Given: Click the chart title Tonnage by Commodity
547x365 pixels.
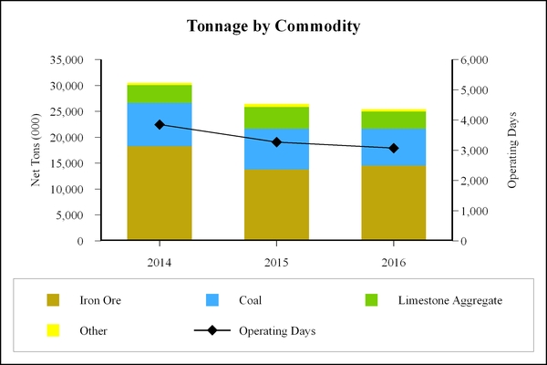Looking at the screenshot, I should point(273,26).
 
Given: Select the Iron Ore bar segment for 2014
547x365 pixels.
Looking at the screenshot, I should point(160,193).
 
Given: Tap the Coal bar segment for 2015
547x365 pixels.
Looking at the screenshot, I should point(276,149).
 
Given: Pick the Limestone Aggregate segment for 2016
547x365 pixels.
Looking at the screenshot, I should point(393,120).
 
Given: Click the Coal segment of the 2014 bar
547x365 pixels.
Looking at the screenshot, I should point(160,124).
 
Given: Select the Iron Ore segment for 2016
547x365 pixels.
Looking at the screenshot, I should point(393,203).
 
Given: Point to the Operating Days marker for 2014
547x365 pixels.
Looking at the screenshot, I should point(160,124).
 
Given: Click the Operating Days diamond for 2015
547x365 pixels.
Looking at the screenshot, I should point(276,142).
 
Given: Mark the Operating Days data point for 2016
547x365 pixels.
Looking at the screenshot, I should point(393,148).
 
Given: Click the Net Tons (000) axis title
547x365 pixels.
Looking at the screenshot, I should point(36,151).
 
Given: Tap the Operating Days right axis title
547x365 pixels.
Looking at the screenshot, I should point(511,151).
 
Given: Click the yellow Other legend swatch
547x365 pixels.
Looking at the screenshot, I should point(53,330).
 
